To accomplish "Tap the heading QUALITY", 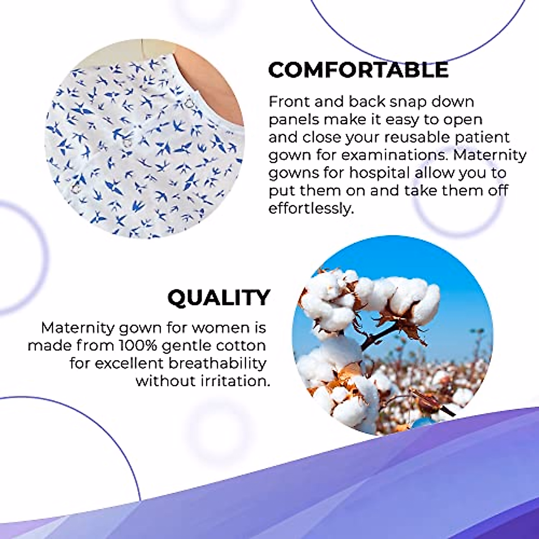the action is (x=219, y=298).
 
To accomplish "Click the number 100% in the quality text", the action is (x=138, y=346).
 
